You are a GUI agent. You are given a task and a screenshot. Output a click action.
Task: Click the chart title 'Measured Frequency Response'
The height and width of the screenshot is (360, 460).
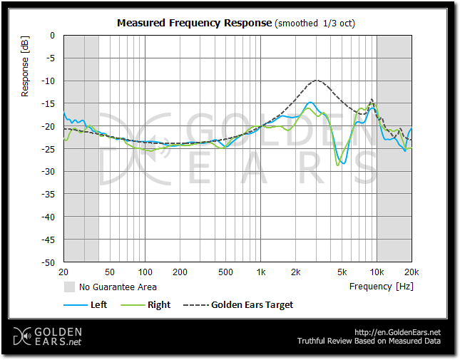point(195,23)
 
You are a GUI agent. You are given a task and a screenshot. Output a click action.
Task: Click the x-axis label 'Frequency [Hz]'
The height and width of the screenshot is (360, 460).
point(381,287)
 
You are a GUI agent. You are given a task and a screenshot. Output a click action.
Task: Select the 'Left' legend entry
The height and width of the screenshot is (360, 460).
point(98,305)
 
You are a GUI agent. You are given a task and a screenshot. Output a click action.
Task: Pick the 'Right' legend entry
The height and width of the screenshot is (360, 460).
point(159,305)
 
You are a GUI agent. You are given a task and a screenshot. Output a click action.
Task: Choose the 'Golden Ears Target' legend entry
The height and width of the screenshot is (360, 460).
point(252,305)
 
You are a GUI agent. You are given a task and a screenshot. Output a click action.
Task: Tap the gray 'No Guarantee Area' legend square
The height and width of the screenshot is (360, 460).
point(70,287)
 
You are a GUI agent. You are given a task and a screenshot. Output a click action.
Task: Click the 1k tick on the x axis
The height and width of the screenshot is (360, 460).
point(261,272)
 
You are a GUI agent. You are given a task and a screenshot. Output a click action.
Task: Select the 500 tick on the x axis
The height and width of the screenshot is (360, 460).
point(225,272)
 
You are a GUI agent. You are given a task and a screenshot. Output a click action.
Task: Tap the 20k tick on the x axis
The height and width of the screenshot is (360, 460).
point(411,272)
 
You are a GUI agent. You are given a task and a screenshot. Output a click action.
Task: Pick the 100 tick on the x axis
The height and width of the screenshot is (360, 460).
point(145,272)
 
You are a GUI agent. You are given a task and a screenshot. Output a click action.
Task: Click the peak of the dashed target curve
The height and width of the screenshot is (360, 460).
point(317,81)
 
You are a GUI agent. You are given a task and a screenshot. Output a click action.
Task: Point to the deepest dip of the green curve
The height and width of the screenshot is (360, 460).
point(338,165)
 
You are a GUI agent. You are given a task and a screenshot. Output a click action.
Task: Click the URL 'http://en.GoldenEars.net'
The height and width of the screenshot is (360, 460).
point(397,332)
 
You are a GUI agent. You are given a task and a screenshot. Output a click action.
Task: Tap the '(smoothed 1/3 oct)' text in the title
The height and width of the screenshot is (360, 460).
point(315,23)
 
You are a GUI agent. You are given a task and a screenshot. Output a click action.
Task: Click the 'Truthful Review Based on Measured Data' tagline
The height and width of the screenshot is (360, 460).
point(369,341)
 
